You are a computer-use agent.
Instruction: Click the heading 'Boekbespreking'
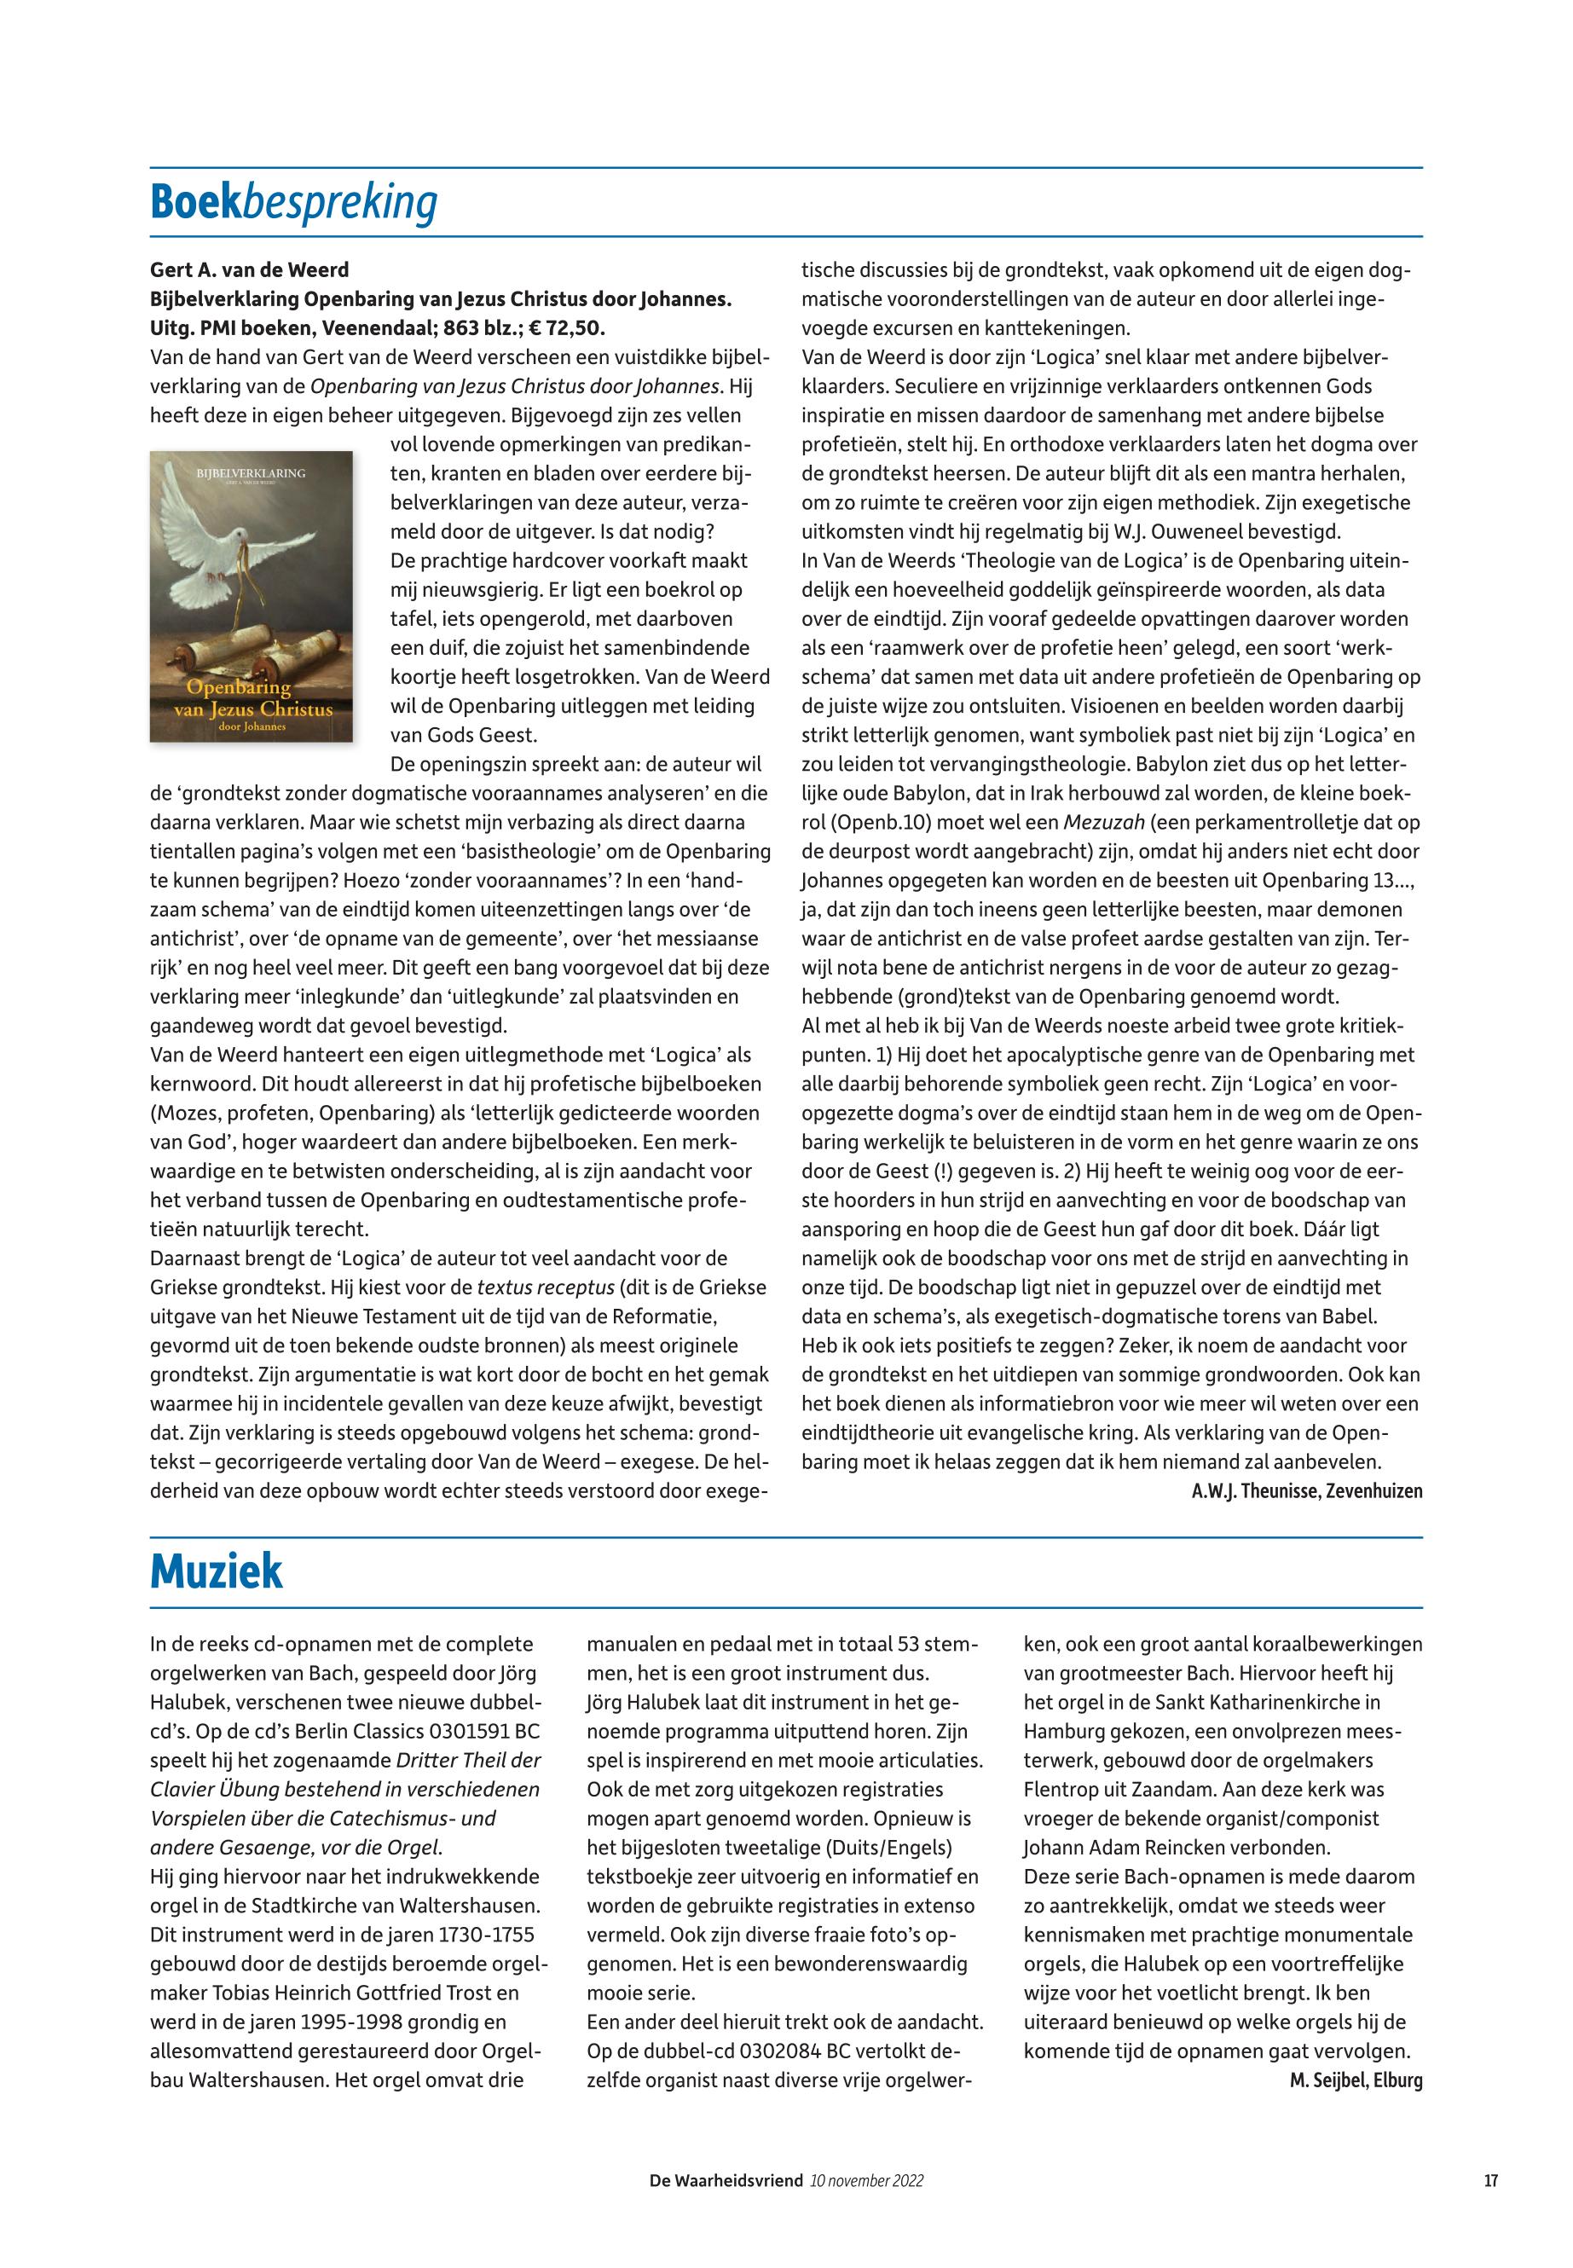[293, 203]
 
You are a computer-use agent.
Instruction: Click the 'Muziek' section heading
[216, 1571]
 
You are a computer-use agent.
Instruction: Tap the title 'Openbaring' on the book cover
[239, 687]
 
